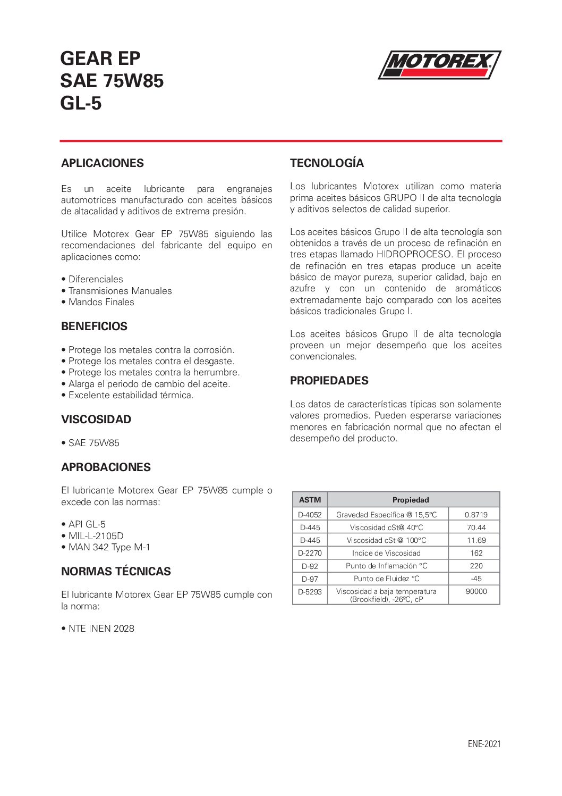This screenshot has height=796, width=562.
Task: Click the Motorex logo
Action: click(x=439, y=65)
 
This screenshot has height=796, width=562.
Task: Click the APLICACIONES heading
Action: click(x=102, y=163)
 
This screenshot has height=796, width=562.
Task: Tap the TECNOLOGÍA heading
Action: click(x=327, y=163)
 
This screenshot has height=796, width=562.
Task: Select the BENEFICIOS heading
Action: click(x=94, y=326)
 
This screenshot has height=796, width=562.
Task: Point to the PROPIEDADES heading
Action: click(x=329, y=381)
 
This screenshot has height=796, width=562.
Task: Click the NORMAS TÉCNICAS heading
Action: click(x=116, y=572)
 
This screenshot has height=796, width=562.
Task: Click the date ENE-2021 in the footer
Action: click(x=484, y=744)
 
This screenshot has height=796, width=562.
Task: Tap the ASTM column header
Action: click(x=310, y=500)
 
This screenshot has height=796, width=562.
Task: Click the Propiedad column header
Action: click(x=411, y=500)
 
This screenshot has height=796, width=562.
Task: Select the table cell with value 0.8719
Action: click(x=476, y=515)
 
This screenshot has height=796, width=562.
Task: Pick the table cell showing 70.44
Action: click(x=476, y=527)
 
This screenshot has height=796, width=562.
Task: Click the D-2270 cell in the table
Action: click(x=310, y=553)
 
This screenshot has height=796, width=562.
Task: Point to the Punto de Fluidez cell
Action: click(x=386, y=579)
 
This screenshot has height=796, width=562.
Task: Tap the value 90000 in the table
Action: click(x=476, y=591)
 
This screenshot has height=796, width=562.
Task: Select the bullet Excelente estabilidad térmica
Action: click(x=131, y=395)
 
